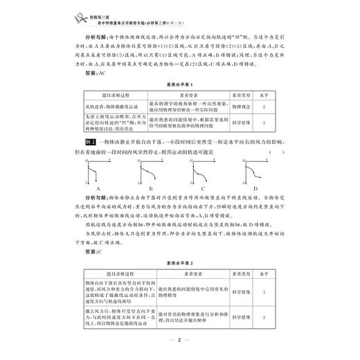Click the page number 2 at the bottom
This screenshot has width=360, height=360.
coord(179,339)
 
